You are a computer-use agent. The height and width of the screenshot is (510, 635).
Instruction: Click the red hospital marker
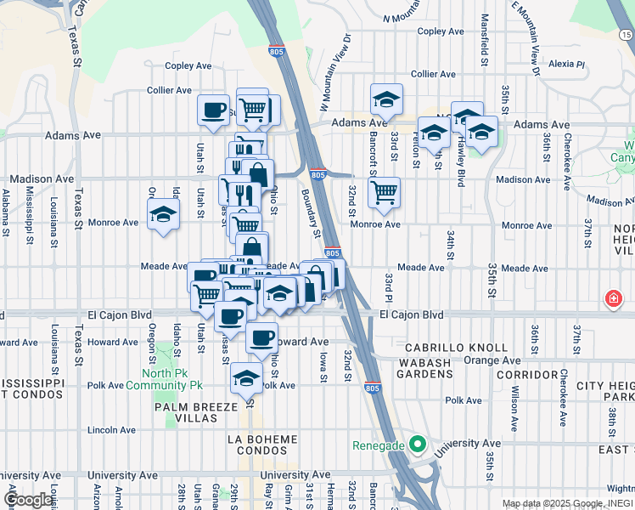point(611,299)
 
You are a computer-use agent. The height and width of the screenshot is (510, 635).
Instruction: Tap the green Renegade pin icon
point(416,445)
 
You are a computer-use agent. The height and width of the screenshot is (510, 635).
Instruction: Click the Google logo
point(28,500)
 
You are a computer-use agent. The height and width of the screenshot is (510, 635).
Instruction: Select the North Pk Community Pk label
point(164,379)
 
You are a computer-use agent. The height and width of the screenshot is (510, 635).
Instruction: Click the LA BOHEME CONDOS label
point(263,445)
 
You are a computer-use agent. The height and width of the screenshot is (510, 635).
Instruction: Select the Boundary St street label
point(312,213)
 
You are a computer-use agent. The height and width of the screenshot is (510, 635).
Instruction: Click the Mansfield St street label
point(485,40)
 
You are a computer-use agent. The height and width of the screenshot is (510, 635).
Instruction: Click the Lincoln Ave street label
point(111,430)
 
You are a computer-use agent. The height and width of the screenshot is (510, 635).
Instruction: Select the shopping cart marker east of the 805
point(384,192)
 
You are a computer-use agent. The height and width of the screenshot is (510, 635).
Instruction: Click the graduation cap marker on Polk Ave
point(247,377)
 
